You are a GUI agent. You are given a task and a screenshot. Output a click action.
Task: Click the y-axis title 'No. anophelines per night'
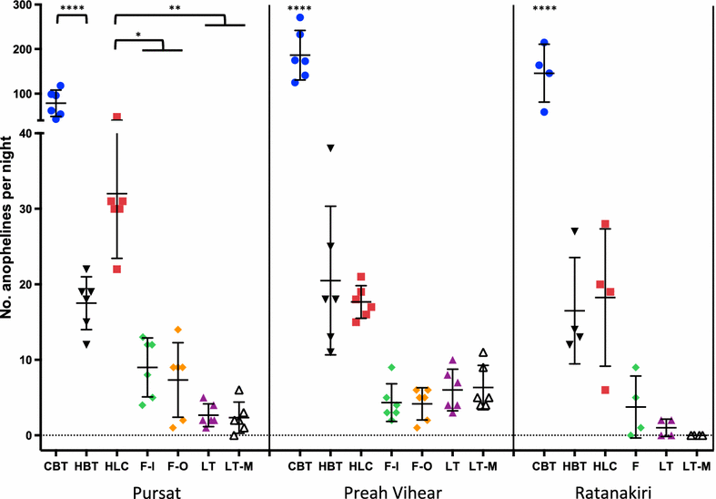click(x=10, y=224)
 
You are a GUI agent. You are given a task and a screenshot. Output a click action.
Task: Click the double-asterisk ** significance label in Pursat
click(x=173, y=9)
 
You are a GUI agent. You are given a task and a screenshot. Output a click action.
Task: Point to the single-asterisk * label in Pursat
click(x=137, y=36)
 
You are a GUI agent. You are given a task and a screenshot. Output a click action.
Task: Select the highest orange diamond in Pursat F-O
click(x=178, y=330)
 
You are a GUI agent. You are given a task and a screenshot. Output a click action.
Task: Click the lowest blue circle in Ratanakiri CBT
click(x=544, y=111)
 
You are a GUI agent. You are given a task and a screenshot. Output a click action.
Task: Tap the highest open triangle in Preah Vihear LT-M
click(x=483, y=352)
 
